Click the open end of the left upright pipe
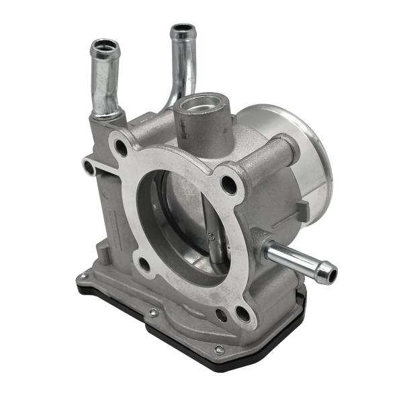[x=105, y=48]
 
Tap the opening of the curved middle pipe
[x=182, y=31]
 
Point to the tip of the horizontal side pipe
[x=327, y=272]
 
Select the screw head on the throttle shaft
[x=211, y=236]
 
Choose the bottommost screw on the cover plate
[x=219, y=349]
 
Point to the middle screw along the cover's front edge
[x=153, y=312]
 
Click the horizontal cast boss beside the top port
[x=269, y=158]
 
